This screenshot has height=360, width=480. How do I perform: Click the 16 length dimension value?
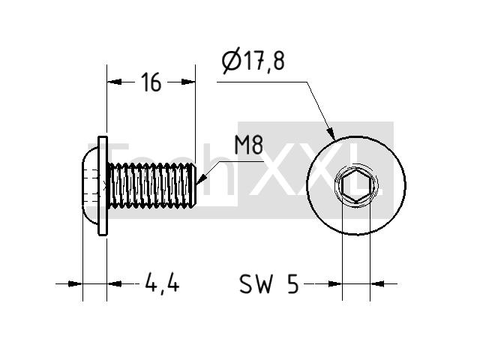151,82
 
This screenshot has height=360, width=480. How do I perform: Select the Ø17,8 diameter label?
253,61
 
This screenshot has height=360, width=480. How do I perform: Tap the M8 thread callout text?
248,145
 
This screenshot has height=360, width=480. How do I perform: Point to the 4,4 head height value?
162,283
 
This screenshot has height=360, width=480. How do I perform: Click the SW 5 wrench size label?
268,283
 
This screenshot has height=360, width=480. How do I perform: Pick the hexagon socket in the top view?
356,185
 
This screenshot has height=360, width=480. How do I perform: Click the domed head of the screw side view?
90,185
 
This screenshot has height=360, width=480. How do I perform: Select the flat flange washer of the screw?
103,186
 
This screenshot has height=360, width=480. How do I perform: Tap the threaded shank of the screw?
151,185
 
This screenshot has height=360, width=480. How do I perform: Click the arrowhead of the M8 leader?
201,179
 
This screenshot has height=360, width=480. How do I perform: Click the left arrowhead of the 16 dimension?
114,82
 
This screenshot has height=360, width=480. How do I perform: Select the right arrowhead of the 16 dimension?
188,82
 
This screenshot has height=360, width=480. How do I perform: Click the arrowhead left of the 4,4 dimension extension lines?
75,283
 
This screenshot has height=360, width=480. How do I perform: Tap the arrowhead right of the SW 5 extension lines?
377,283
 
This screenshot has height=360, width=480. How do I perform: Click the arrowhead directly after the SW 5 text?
335,283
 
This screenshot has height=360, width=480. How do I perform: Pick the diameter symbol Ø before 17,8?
230,61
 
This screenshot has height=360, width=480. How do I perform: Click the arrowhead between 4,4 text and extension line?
114,283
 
